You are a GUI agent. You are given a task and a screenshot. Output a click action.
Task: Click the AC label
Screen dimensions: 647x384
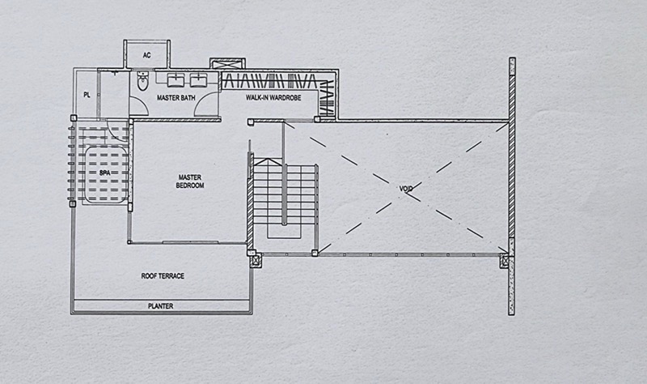coord(147,55)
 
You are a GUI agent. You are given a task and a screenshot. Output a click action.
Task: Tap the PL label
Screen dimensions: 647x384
coord(87,95)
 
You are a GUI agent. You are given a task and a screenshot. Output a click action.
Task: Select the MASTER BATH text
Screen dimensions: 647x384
coord(175,98)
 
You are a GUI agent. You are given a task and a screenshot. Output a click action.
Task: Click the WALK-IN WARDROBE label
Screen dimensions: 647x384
coord(273,98)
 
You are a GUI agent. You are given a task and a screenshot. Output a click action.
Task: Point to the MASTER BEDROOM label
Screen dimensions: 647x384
coord(190,181)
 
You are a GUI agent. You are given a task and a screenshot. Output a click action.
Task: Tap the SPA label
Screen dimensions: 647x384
coord(105,173)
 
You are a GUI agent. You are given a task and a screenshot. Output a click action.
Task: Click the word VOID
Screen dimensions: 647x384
coord(406,189)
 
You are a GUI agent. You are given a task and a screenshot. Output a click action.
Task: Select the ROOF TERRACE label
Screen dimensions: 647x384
coord(163,275)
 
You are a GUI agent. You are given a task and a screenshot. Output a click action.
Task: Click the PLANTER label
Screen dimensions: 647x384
coord(160,306)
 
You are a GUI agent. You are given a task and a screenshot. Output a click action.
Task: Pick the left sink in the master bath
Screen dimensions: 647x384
coord(176,79)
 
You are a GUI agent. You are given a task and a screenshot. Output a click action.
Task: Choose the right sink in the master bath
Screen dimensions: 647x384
coord(198,79)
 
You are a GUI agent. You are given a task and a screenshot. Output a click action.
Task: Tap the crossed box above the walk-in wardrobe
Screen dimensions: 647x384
coord(227,63)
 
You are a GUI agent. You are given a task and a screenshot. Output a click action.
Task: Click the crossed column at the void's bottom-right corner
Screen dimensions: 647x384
coord(505,261)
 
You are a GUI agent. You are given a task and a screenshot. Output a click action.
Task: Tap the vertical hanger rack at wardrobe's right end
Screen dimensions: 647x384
coord(327,97)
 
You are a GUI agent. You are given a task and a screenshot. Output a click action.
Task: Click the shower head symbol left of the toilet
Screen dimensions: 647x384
coord(115,74)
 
